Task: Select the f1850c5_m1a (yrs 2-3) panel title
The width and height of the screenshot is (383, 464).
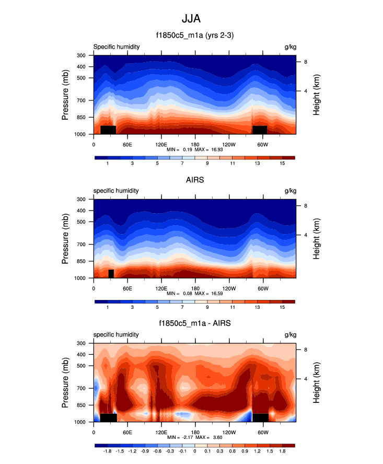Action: click(x=194, y=36)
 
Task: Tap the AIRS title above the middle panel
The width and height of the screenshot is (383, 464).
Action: click(x=194, y=180)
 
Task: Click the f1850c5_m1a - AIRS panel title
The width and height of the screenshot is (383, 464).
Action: click(x=194, y=323)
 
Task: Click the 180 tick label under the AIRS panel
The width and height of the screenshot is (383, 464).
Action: click(x=195, y=288)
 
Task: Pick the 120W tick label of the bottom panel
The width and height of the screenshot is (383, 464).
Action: click(x=228, y=432)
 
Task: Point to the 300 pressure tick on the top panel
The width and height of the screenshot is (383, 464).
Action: click(x=81, y=55)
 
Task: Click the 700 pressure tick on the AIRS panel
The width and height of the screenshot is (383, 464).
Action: click(x=81, y=245)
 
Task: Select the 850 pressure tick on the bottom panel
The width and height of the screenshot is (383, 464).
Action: click(x=81, y=405)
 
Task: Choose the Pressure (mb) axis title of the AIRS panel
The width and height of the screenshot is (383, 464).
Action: click(x=65, y=239)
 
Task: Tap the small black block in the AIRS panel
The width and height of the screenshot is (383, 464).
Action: click(x=111, y=274)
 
